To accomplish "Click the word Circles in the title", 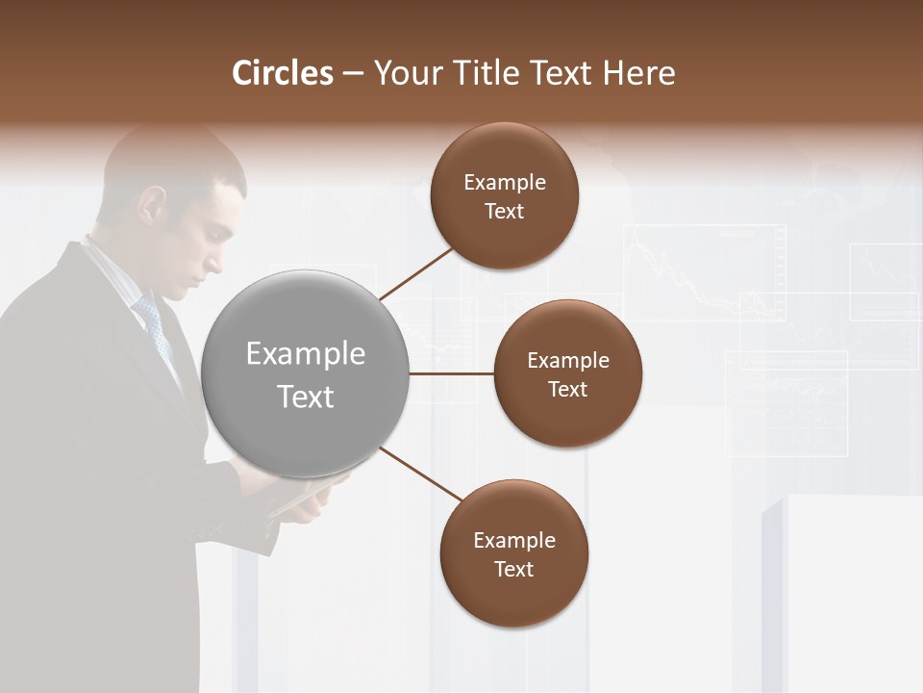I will [x=283, y=73].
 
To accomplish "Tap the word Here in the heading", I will [x=639, y=73].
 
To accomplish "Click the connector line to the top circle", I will [x=417, y=273].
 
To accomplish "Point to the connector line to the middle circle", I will [x=452, y=373].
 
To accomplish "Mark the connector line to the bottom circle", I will [x=421, y=474].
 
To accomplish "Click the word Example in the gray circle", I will [x=306, y=354].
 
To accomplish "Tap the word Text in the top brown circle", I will [x=505, y=212].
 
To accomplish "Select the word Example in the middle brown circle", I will [x=567, y=361].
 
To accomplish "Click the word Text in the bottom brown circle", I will [x=513, y=569].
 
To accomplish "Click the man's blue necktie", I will [x=155, y=327].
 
